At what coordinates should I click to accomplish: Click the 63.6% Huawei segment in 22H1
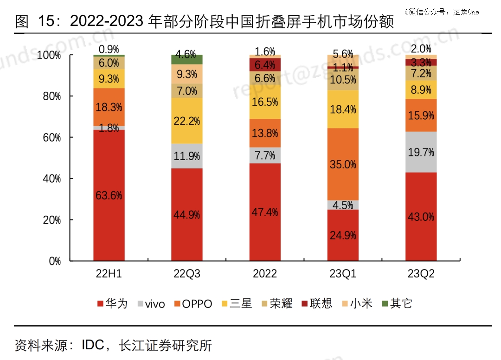tap(109, 195)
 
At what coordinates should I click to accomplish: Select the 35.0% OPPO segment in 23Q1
tap(343, 164)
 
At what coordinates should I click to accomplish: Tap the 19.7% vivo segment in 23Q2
tap(421, 152)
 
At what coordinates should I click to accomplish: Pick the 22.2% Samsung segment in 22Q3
tap(187, 121)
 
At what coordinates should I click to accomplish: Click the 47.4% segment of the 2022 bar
tap(265, 212)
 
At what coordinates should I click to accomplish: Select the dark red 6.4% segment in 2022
tap(265, 64)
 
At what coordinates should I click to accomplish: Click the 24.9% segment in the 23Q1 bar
tap(343, 235)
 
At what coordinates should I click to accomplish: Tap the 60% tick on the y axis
tap(55, 137)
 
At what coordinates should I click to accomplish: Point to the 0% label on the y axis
tap(55, 261)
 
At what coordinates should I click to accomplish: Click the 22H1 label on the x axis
tap(109, 274)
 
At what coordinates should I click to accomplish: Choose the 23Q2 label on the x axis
tap(421, 274)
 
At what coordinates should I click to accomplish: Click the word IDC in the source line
tap(93, 346)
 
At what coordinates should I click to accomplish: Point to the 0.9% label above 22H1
tap(109, 49)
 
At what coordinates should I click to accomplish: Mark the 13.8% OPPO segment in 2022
tap(265, 133)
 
